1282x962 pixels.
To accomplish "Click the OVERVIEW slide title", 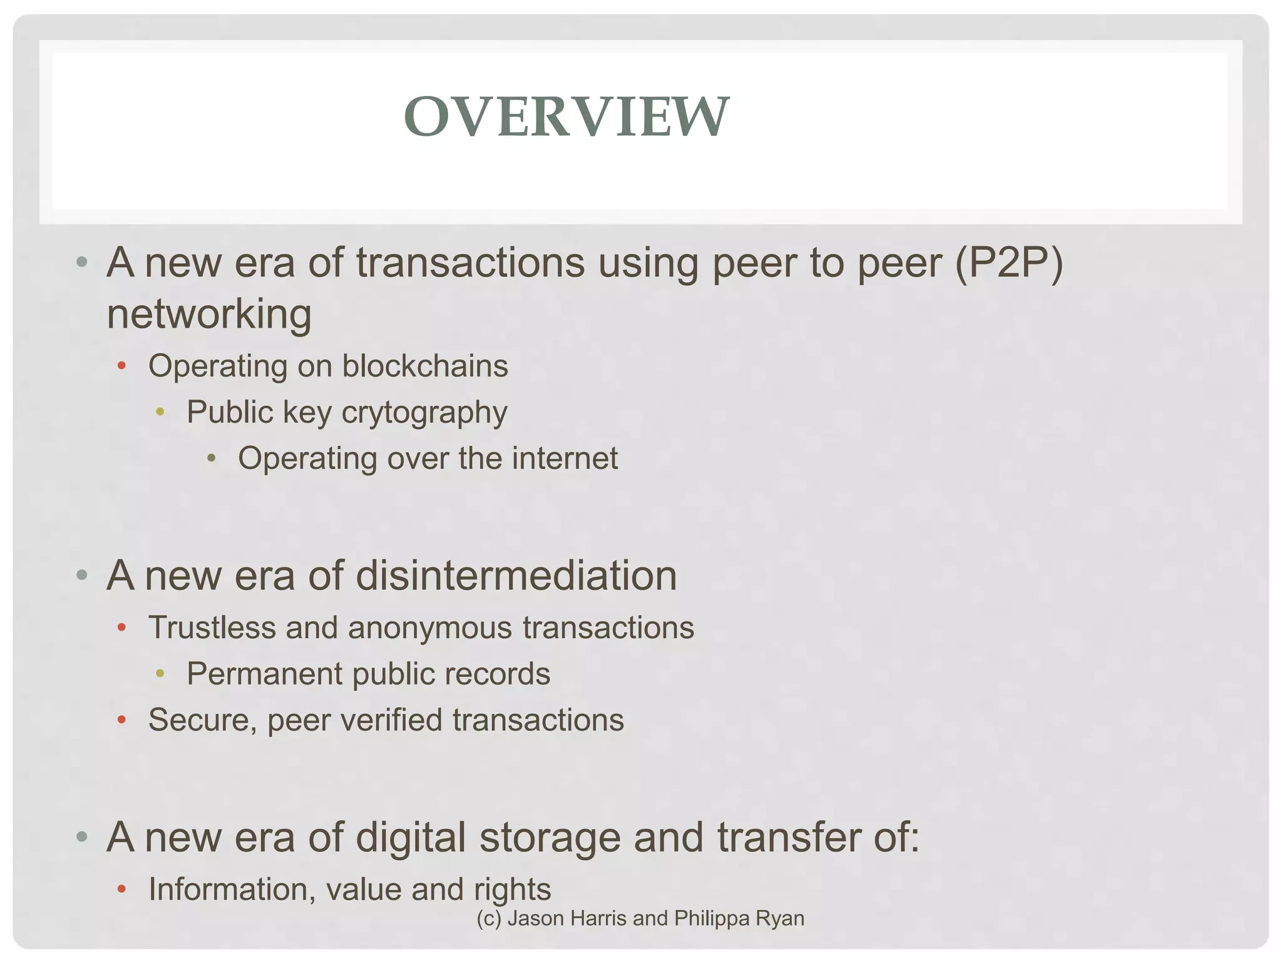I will (x=567, y=116).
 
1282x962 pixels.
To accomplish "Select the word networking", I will (x=209, y=314).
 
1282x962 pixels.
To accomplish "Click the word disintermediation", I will (x=516, y=575).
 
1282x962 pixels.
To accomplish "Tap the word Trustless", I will (x=212, y=628).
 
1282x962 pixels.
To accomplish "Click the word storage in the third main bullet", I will (x=550, y=837).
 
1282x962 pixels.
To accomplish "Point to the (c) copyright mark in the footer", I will (x=488, y=918).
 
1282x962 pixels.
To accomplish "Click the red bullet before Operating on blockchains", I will (x=122, y=365).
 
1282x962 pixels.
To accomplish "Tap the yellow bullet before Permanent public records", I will (x=160, y=673).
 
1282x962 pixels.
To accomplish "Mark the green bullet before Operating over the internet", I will (x=212, y=458).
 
